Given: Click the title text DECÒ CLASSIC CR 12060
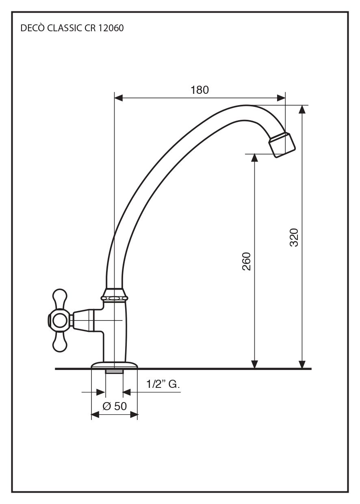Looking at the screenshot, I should pos(72,28).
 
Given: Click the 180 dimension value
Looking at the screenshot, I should pos(200,90).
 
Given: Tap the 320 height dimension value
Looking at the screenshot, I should pos(294,237).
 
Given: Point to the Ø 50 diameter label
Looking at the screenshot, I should pos(114,406).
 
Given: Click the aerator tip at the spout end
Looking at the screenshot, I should pos(283,144).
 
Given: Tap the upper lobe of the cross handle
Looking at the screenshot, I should pos(59,299).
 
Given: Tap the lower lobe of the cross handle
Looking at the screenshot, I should pos(59,342).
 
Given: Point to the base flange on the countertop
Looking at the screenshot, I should pos(114,366).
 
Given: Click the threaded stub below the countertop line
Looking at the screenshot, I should pos(114,372).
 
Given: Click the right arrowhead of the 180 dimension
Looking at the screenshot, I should pos(281,97).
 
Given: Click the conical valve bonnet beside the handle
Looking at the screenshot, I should pos(83,320).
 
